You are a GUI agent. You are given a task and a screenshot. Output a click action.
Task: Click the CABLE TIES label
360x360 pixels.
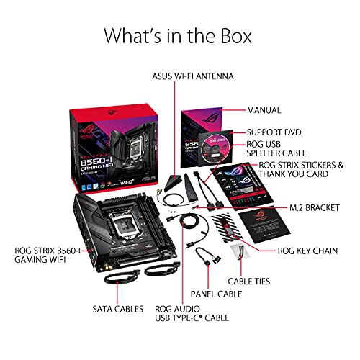[249, 281]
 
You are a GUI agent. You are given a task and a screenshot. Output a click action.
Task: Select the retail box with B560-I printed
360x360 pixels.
[115, 144]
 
